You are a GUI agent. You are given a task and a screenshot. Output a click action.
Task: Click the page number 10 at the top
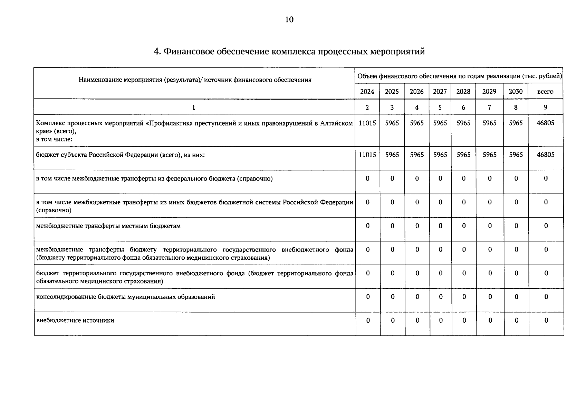(x=289, y=20)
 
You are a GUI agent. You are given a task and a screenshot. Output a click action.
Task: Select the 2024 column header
(x=367, y=92)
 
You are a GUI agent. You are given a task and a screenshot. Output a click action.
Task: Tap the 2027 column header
(x=440, y=92)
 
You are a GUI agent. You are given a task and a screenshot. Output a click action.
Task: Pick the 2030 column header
(x=516, y=92)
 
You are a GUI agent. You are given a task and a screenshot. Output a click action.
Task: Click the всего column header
(x=545, y=92)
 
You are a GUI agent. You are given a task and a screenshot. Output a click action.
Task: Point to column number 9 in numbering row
(x=545, y=108)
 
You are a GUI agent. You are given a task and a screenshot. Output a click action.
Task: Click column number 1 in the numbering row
(x=194, y=108)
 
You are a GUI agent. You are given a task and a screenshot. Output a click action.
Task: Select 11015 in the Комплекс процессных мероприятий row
(x=367, y=123)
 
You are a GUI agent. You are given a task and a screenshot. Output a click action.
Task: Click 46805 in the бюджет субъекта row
(x=546, y=155)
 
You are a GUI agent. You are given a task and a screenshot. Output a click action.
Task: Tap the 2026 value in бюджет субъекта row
(x=417, y=155)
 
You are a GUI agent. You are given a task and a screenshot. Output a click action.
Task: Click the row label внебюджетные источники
(x=75, y=321)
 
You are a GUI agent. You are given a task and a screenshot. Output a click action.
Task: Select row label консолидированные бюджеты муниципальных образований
(x=125, y=297)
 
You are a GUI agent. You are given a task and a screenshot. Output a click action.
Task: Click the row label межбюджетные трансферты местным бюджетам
(x=108, y=226)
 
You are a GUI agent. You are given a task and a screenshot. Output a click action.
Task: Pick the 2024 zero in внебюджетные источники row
(x=368, y=321)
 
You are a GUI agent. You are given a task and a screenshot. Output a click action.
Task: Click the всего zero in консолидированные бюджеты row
(x=546, y=297)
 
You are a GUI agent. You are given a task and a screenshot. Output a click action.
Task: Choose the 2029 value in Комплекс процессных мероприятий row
(x=489, y=123)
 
